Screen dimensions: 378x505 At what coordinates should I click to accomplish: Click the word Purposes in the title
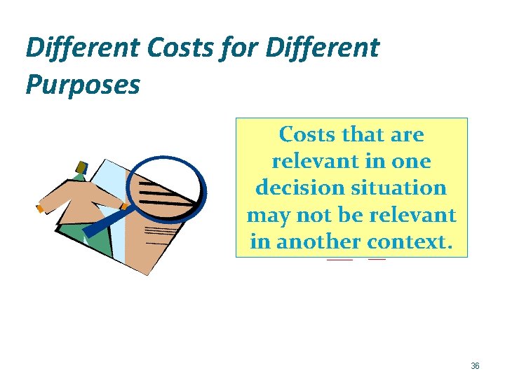[83, 85]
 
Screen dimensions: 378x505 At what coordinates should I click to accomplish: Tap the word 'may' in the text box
[266, 215]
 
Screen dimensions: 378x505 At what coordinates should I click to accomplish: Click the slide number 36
[475, 366]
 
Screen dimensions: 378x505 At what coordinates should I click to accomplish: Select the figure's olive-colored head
[82, 167]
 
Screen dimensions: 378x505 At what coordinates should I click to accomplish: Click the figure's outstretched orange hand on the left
[41, 208]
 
